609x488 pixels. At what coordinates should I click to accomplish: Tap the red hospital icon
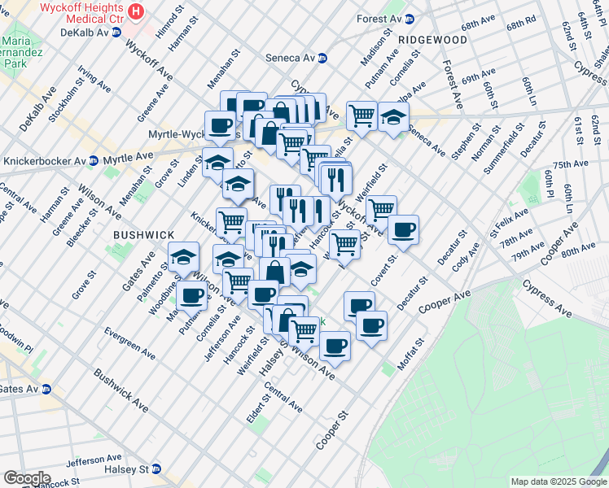136,12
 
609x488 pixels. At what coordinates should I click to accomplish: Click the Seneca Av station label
291,58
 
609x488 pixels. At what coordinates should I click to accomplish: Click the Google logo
27,478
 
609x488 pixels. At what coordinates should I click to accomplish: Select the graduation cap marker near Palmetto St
184,257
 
